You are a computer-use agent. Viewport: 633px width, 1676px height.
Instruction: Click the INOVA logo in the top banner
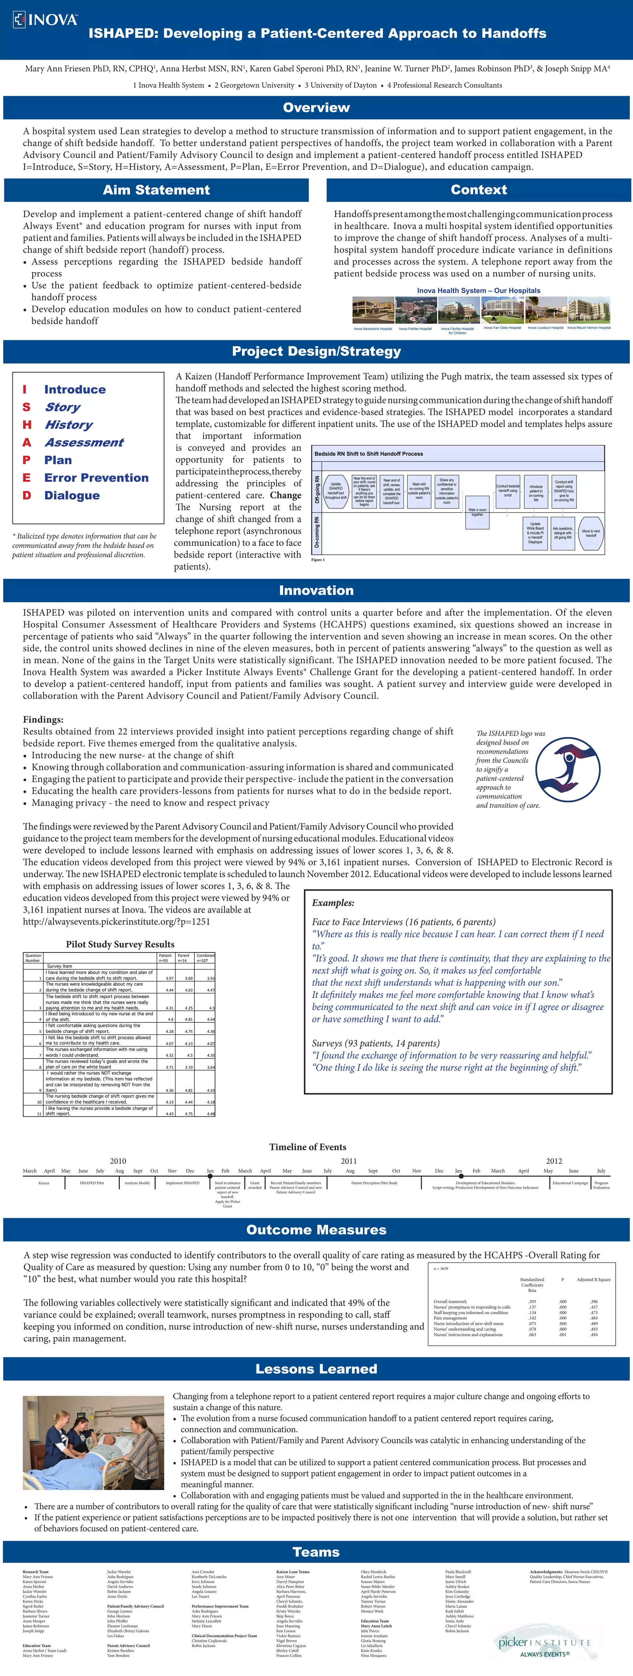coord(45,19)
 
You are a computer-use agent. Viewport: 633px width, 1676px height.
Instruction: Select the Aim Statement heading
coord(156,190)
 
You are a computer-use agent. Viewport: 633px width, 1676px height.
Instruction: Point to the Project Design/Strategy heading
coord(316,351)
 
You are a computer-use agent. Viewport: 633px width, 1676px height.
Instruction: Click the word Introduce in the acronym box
coord(75,389)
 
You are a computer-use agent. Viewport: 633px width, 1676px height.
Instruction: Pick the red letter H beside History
coord(27,424)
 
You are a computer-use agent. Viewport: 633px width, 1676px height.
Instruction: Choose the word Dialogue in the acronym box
coord(72,495)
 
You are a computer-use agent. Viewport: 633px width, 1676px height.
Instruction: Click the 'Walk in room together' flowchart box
coord(477,512)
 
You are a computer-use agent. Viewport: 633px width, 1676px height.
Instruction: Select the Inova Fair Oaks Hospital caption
coord(502,328)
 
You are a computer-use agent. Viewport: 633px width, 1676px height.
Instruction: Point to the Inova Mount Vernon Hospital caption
coord(589,328)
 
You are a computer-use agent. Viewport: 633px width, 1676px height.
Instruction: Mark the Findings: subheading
coord(43,720)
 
